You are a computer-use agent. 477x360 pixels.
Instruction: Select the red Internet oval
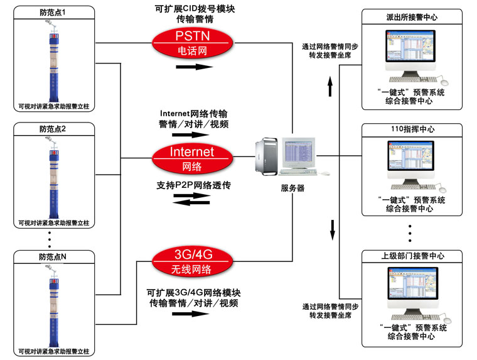click(x=192, y=158)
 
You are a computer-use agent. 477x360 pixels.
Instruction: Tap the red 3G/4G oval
click(x=192, y=262)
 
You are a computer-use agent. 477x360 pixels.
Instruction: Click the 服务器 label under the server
click(x=292, y=188)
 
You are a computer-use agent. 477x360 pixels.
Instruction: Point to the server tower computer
click(x=267, y=158)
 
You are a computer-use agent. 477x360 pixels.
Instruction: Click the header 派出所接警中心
click(x=409, y=18)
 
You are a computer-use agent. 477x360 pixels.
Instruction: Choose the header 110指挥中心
click(x=409, y=129)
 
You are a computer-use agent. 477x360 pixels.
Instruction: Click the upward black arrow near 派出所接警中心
click(x=330, y=86)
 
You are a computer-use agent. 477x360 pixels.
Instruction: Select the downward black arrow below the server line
click(x=330, y=230)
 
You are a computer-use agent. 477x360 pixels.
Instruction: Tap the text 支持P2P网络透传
click(x=194, y=186)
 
